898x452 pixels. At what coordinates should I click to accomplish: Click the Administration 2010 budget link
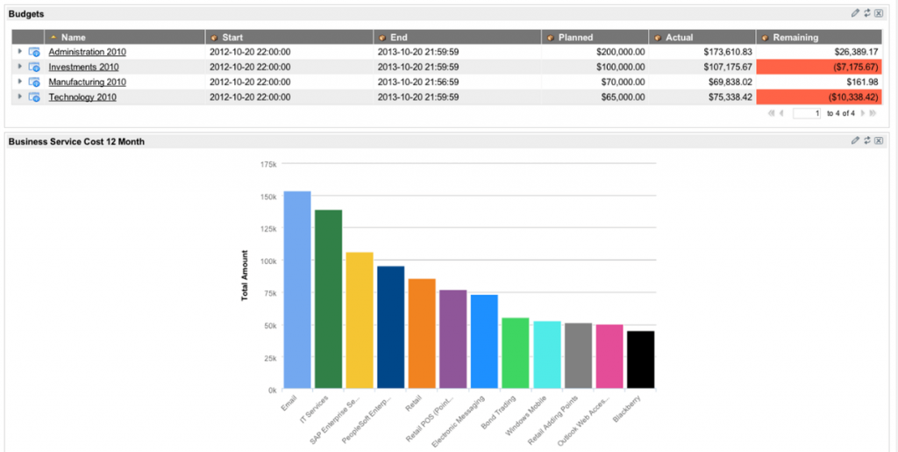click(x=87, y=52)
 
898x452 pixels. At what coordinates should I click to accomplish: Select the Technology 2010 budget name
click(x=82, y=97)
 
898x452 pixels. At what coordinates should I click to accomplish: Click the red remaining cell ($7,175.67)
click(x=820, y=67)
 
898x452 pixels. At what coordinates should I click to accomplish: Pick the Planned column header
click(x=576, y=37)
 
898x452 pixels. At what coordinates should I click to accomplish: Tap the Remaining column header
click(x=795, y=37)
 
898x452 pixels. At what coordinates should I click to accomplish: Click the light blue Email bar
click(x=296, y=290)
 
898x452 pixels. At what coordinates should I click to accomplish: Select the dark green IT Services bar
click(x=328, y=298)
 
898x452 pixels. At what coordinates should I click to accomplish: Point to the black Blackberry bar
click(x=640, y=359)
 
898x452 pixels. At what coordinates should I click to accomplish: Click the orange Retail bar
click(x=422, y=334)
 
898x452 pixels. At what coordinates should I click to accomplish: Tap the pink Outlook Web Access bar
click(x=609, y=356)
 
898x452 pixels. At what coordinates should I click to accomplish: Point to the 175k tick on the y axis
click(x=268, y=164)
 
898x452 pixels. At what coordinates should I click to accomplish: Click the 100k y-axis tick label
click(x=268, y=261)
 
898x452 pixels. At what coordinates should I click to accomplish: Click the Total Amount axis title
click(x=245, y=276)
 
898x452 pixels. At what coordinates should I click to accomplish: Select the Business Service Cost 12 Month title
click(x=76, y=141)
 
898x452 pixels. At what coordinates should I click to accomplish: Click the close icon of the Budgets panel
click(x=878, y=13)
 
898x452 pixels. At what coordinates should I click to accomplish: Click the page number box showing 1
click(x=806, y=113)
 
